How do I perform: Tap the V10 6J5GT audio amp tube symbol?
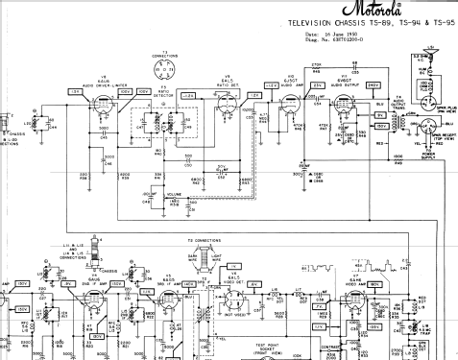point(287,107)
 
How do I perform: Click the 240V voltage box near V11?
point(372,84)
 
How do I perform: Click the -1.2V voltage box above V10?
point(272,84)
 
